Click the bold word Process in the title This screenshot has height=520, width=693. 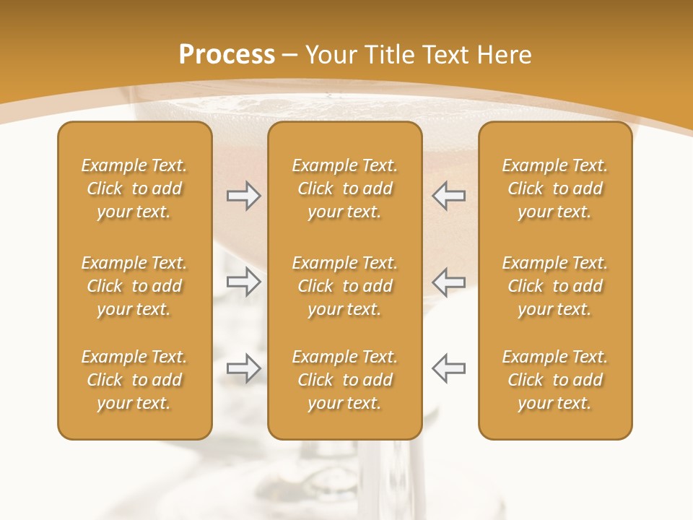pyautogui.click(x=227, y=54)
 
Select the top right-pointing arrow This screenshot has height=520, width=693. pyautogui.click(x=243, y=195)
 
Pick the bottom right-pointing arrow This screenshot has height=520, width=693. pyautogui.click(x=243, y=368)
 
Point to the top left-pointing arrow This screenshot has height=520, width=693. pyautogui.click(x=448, y=195)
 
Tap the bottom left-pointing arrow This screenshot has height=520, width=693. pyautogui.click(x=448, y=368)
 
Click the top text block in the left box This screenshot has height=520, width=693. pyautogui.click(x=134, y=188)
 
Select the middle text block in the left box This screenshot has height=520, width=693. pyautogui.click(x=134, y=286)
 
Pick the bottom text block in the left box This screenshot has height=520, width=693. pyautogui.click(x=134, y=380)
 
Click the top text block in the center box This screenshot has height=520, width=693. pyautogui.click(x=344, y=188)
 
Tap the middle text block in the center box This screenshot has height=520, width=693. pyautogui.click(x=344, y=286)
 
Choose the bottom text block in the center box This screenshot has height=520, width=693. pyautogui.click(x=344, y=380)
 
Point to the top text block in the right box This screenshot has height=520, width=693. pyautogui.click(x=555, y=188)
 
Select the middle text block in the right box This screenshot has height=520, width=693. pyautogui.click(x=555, y=286)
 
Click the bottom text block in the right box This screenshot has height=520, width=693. pyautogui.click(x=555, y=380)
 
